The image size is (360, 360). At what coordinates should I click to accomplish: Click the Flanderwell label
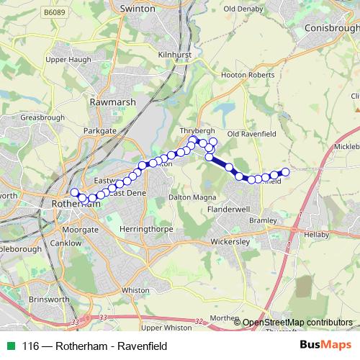pyautogui.click(x=228, y=209)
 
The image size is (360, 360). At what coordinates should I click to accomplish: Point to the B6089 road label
pyautogui.click(x=53, y=13)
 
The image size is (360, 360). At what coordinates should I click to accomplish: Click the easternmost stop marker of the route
pyautogui.click(x=285, y=171)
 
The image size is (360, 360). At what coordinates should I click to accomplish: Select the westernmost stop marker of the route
pyautogui.click(x=74, y=192)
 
